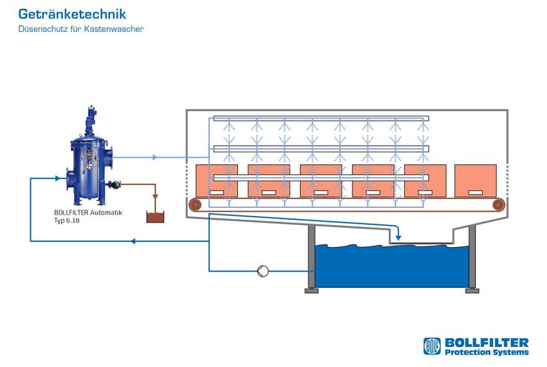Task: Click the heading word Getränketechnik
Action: click(72, 14)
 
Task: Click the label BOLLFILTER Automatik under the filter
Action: click(88, 212)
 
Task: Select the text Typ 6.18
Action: click(67, 220)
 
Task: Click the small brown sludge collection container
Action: click(155, 218)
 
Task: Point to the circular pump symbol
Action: click(262, 271)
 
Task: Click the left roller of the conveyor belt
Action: click(195, 205)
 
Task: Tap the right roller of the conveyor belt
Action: click(498, 205)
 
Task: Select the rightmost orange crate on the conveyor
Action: click(475, 181)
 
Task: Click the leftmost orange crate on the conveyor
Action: click(217, 181)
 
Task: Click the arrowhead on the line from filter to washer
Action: click(155, 158)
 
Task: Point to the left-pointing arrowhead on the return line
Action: click(133, 241)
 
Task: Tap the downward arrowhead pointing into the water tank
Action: click(398, 238)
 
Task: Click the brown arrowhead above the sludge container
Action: click(155, 198)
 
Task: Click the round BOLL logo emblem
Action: click(432, 346)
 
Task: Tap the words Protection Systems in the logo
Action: click(486, 352)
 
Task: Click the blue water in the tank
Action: click(392, 267)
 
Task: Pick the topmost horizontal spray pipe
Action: click(321, 118)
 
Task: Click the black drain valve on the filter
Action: click(114, 184)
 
